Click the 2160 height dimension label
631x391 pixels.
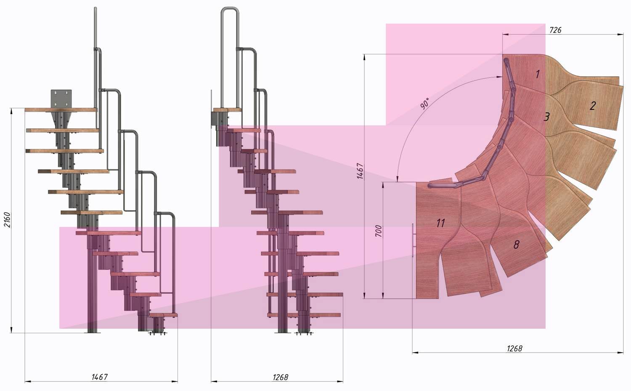coord(7,220)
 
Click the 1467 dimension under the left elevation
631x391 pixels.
coord(99,377)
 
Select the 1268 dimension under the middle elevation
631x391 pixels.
coord(280,377)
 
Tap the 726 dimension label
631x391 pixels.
coord(555,30)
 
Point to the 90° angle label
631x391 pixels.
coord(425,104)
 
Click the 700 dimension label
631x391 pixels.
coord(379,231)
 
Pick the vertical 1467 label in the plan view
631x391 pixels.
coord(360,171)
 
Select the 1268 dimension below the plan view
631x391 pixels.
coord(514,349)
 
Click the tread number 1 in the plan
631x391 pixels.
coord(538,74)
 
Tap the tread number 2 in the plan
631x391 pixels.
coord(593,106)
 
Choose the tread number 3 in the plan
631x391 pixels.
coord(546,117)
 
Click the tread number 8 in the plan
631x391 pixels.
coord(516,245)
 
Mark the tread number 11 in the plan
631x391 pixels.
coord(440,223)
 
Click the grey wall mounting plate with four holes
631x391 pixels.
coord(61,98)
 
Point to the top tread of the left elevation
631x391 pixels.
coord(61,110)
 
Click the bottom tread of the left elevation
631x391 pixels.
coord(163,314)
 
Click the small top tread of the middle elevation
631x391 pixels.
coord(227,110)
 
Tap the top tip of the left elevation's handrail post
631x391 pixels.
coord(95,8)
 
